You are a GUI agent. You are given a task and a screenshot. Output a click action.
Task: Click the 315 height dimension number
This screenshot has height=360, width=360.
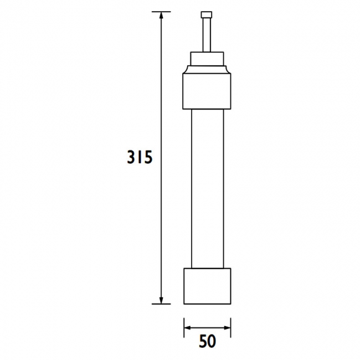click(x=139, y=158)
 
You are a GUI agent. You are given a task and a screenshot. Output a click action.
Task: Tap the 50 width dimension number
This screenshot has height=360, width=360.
click(x=207, y=341)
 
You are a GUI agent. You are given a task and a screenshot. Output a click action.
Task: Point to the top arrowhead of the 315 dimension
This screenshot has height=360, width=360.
click(x=161, y=17)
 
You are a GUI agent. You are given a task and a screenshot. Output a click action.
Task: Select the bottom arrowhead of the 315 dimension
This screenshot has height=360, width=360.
click(x=161, y=299)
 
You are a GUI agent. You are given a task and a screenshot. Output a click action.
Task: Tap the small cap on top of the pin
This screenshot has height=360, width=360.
click(x=207, y=16)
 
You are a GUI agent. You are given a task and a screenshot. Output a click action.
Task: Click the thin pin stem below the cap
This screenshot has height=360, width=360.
click(x=207, y=35)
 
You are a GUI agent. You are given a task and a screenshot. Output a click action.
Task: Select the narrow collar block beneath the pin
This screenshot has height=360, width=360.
click(x=207, y=59)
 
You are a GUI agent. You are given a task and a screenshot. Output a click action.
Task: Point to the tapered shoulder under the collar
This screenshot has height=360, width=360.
click(x=207, y=70)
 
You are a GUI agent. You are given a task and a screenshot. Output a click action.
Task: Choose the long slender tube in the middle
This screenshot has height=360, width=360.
click(x=207, y=188)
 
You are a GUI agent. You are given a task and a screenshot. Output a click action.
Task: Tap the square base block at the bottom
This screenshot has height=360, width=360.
click(x=207, y=286)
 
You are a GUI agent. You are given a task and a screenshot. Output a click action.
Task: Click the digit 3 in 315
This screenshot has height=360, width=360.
click(x=131, y=158)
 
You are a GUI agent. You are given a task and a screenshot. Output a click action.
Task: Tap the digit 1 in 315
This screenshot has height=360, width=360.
click(x=140, y=158)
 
